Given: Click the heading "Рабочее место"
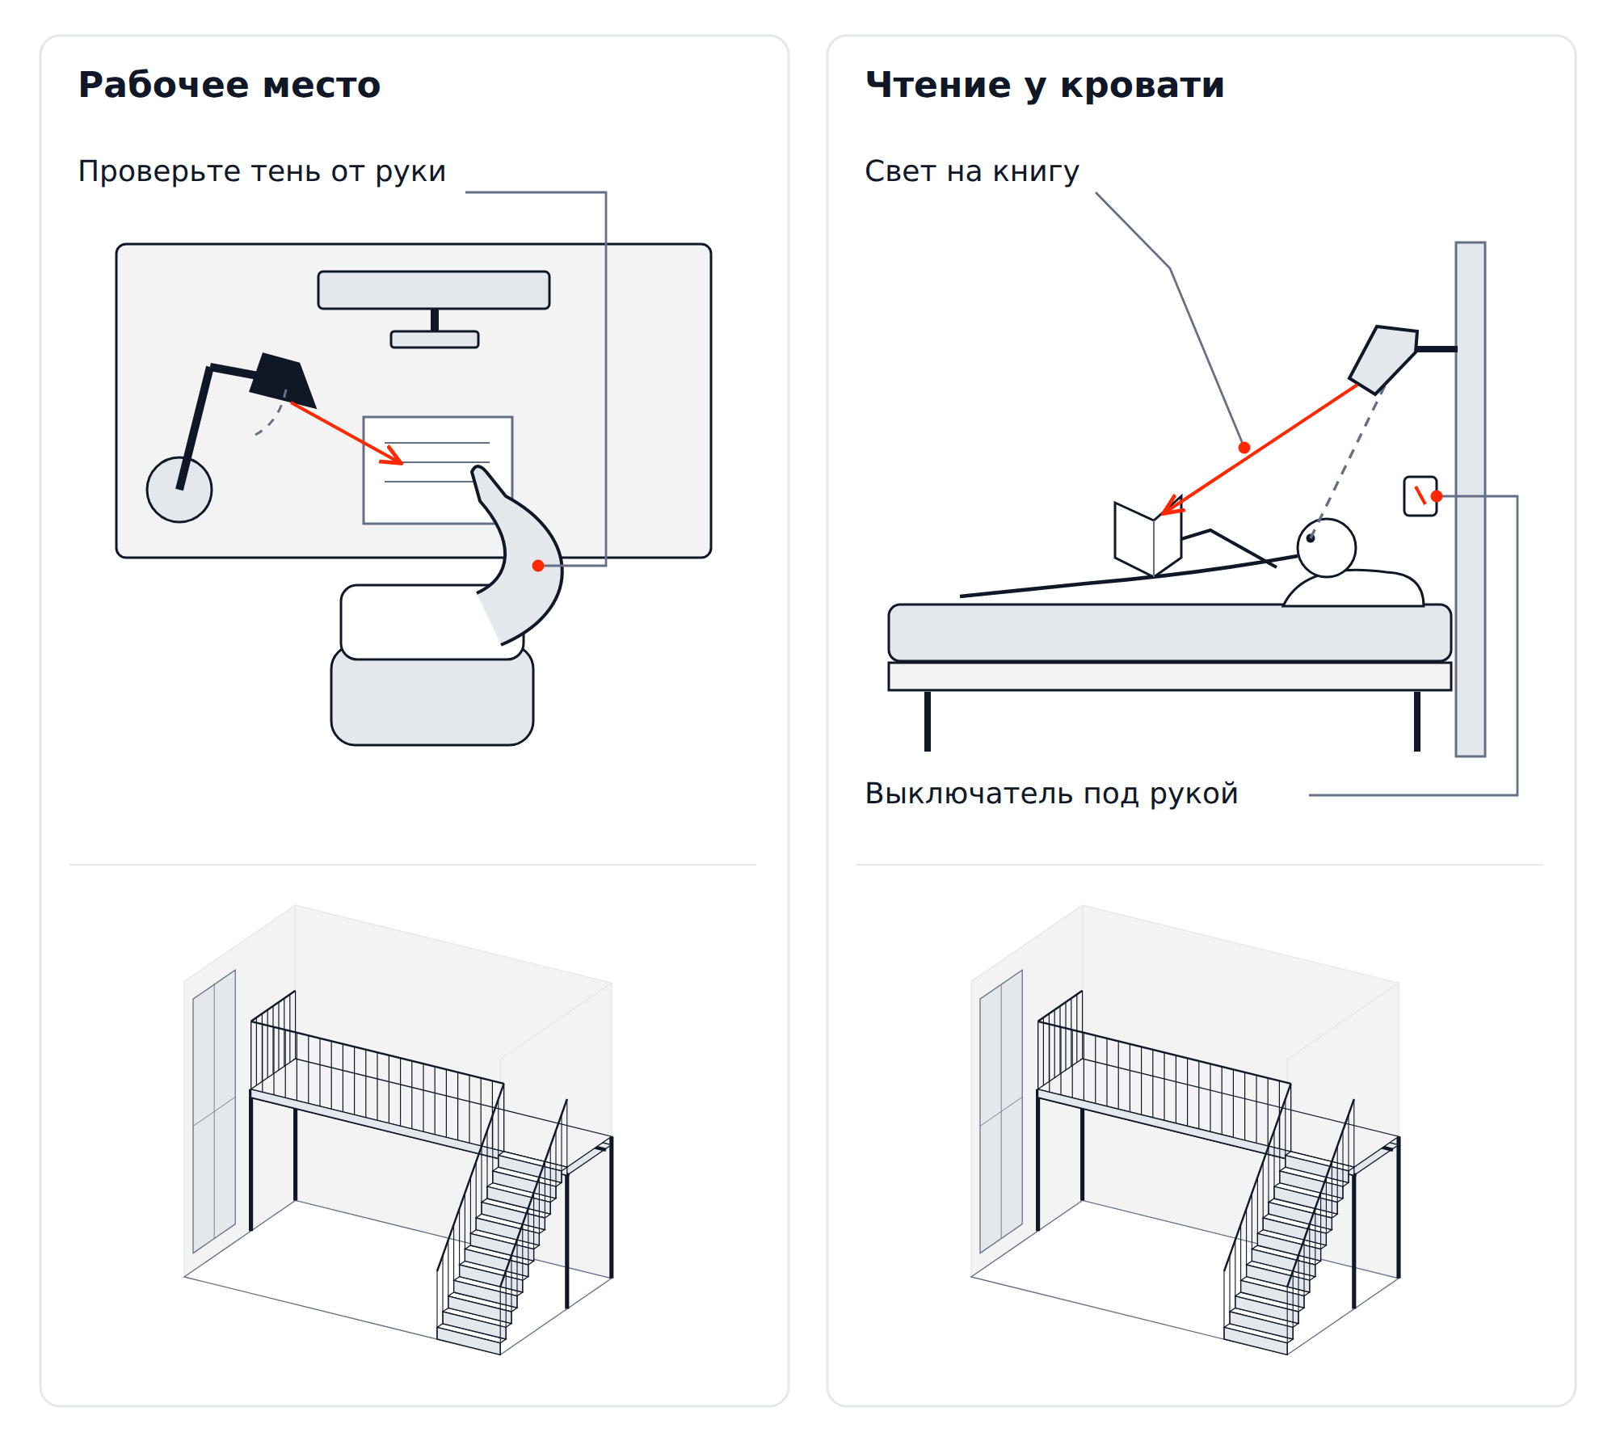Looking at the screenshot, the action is click(x=229, y=85).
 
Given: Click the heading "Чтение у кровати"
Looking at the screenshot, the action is click(x=1045, y=86).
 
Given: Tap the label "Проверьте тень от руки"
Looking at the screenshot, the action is click(x=262, y=172).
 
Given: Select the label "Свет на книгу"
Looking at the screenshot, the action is click(x=972, y=172).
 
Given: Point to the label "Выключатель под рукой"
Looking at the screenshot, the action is click(x=1051, y=794).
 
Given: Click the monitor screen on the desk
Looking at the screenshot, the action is click(x=434, y=290).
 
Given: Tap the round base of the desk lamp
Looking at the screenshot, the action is click(x=179, y=490).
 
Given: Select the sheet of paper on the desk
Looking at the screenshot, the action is click(x=437, y=470).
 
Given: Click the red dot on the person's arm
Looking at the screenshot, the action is click(x=538, y=566).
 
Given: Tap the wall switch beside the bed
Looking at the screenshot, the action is click(x=1420, y=496).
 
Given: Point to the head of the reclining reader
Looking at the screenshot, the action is click(x=1327, y=548).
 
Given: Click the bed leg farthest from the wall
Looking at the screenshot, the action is click(x=928, y=721).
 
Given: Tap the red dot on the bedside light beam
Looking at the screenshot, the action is click(x=1244, y=448).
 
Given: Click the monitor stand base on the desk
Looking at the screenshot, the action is click(x=435, y=339).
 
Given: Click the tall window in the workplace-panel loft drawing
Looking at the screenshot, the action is click(x=214, y=1111).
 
